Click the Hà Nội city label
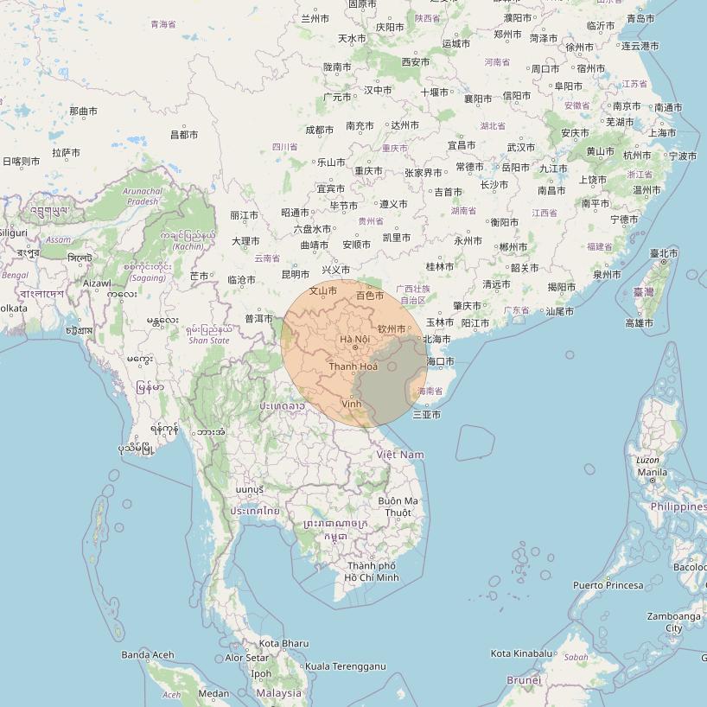click(x=354, y=339)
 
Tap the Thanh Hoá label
click(x=353, y=366)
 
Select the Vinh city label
click(x=352, y=404)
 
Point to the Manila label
click(x=652, y=473)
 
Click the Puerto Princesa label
click(x=608, y=585)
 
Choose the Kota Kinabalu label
click(x=521, y=653)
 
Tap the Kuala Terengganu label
click(x=345, y=666)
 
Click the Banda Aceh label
click(x=148, y=655)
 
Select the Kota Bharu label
click(x=283, y=643)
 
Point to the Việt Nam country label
click(x=400, y=455)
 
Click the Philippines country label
click(x=678, y=506)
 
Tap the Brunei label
click(x=524, y=680)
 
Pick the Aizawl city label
click(x=97, y=283)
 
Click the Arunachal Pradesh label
click(x=142, y=196)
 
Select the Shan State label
click(x=209, y=341)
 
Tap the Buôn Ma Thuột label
click(x=398, y=506)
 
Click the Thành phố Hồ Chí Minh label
click(x=372, y=572)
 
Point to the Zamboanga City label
click(x=673, y=622)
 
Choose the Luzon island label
click(x=647, y=461)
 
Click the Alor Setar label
click(x=248, y=658)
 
